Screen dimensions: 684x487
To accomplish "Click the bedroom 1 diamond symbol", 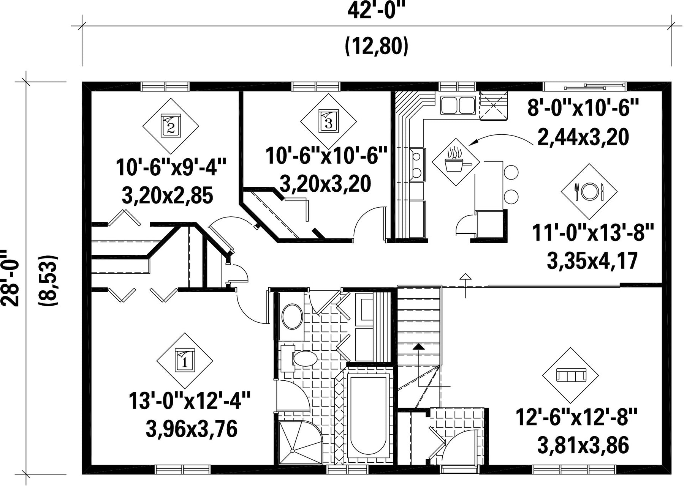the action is click(185, 361).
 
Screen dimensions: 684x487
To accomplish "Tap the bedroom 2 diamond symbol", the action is click(171, 126).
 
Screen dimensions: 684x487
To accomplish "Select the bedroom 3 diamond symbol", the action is click(329, 122).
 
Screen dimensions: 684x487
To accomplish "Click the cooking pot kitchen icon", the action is click(456, 162).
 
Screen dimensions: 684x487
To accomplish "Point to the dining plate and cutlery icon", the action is click(589, 192).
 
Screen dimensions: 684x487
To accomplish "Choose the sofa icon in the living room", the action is click(570, 375).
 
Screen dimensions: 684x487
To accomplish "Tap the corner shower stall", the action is click(300, 443).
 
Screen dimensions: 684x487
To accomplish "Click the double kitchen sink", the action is click(458, 105).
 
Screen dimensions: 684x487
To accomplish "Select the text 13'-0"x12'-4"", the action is click(190, 401).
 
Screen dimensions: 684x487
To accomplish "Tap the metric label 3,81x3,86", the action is click(583, 445).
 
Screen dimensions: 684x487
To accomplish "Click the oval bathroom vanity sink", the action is click(292, 316).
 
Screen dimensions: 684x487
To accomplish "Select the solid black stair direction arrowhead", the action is click(418, 346).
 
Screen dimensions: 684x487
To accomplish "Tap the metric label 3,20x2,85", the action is click(168, 196).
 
